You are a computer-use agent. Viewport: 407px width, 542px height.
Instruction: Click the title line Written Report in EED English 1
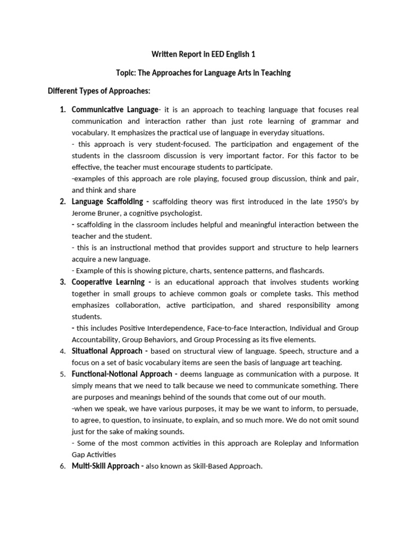(203, 55)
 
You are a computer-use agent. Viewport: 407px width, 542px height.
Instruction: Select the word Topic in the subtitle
(126, 73)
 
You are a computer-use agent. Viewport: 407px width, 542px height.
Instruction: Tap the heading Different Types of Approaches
(99, 91)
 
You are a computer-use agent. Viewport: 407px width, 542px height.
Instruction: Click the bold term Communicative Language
(115, 110)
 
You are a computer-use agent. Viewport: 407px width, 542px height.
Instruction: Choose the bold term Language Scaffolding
(108, 202)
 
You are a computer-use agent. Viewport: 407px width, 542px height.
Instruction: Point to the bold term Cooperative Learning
(108, 282)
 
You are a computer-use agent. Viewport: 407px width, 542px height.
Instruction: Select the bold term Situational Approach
(107, 351)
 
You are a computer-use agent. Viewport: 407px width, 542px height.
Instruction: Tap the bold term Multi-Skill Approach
(107, 466)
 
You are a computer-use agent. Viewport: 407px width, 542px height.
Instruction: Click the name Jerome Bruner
(98, 213)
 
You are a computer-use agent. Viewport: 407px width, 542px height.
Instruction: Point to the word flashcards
(306, 270)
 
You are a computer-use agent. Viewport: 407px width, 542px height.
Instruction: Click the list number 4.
(62, 351)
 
